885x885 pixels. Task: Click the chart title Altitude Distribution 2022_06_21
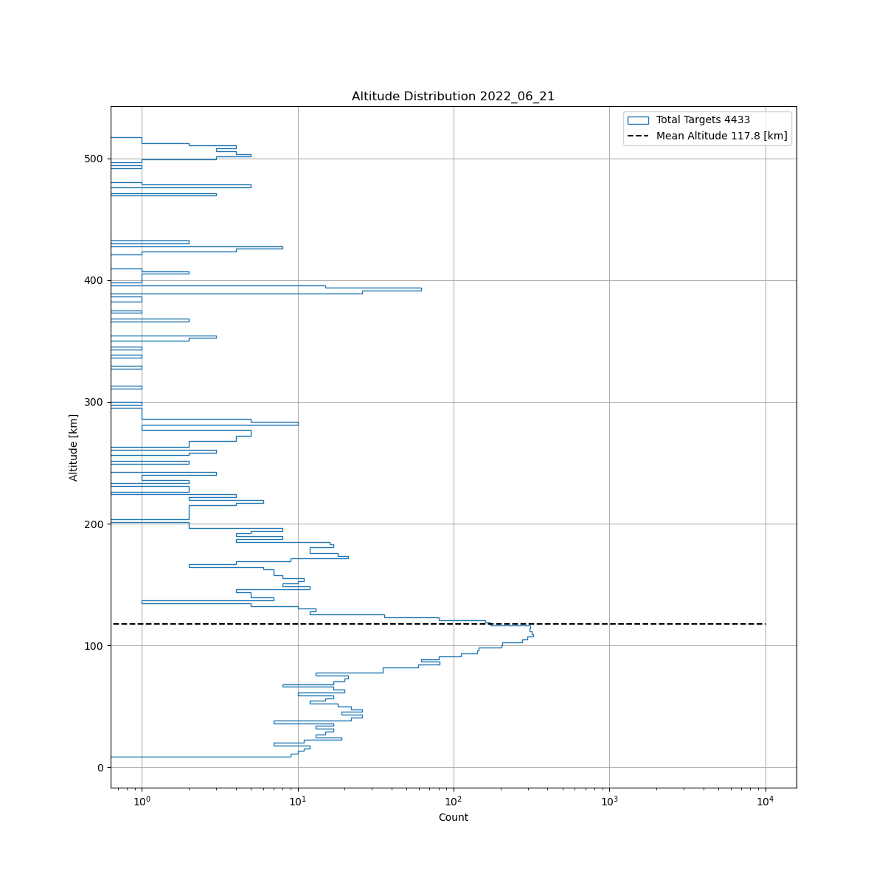(x=453, y=97)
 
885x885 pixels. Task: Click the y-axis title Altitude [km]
(x=74, y=448)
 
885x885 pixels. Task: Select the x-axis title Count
(x=453, y=817)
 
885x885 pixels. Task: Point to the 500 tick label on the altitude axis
(x=94, y=159)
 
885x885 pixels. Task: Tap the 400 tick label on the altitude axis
(x=94, y=281)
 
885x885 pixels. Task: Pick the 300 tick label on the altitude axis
(x=94, y=403)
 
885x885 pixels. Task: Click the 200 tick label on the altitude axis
(x=94, y=524)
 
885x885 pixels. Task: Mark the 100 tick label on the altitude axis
(x=94, y=646)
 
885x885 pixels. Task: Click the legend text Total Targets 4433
(x=703, y=120)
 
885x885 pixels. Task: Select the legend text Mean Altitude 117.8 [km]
(x=721, y=136)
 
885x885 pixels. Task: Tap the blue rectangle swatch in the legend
(x=638, y=120)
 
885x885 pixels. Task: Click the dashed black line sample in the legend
(x=638, y=136)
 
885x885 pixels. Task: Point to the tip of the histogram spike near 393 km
(x=421, y=289)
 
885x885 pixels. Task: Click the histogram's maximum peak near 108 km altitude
(x=532, y=634)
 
